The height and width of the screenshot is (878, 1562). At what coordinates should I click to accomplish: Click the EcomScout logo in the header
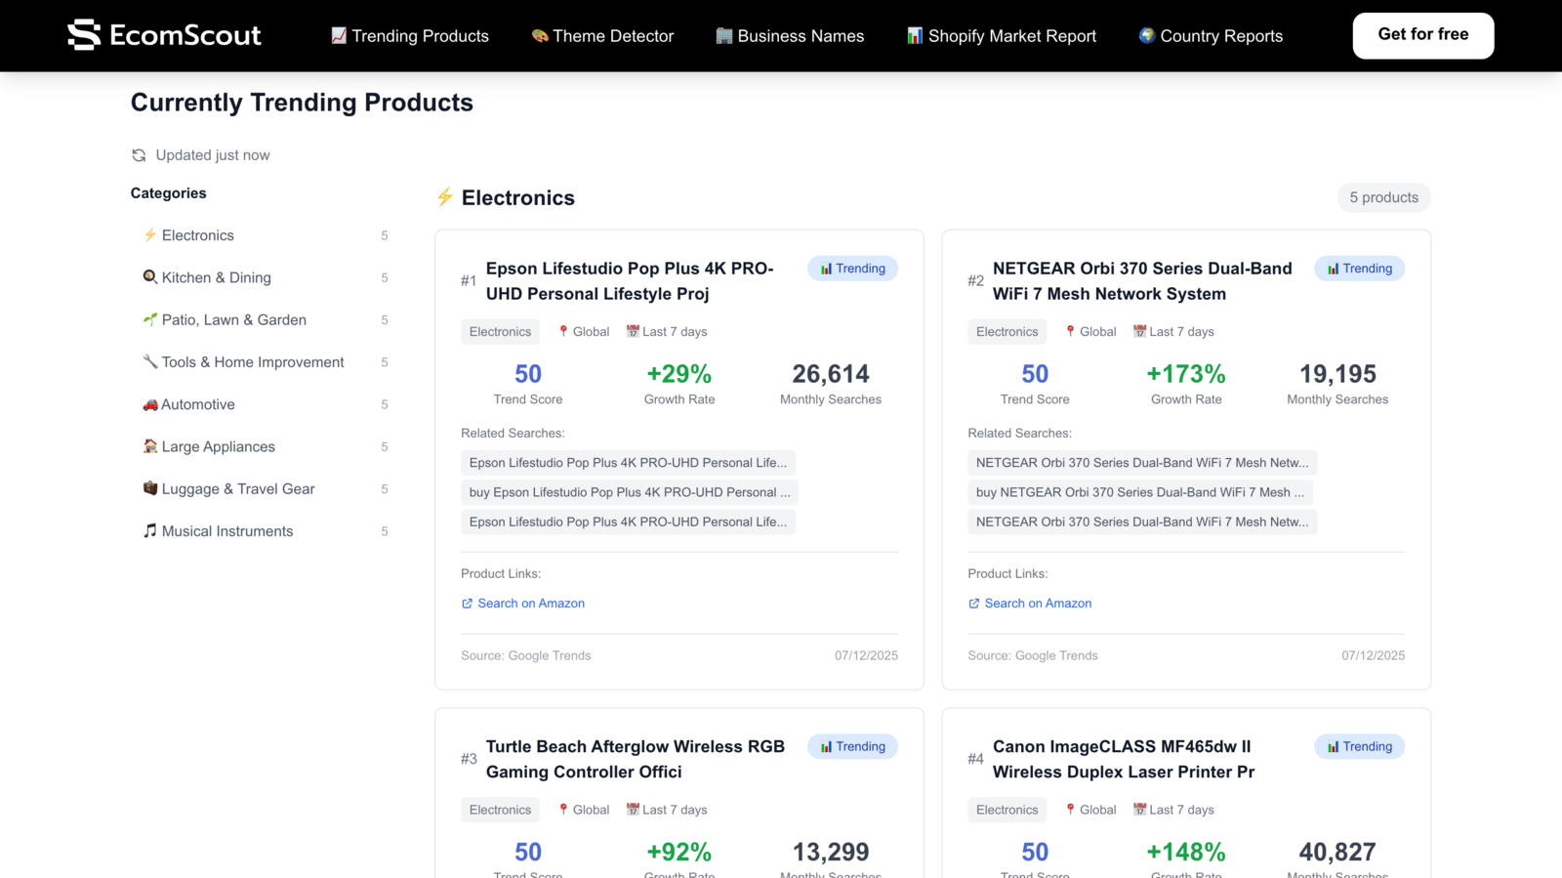164,35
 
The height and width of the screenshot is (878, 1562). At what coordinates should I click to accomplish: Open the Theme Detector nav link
602,36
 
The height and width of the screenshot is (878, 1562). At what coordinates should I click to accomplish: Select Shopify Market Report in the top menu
1002,36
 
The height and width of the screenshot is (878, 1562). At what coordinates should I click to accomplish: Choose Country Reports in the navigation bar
1211,36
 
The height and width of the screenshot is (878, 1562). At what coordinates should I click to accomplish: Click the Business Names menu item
790,36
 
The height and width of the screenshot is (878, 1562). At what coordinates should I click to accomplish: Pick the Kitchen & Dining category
216,277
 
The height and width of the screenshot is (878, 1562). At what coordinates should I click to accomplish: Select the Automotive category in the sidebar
197,404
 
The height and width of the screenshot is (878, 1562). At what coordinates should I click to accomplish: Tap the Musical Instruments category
226,531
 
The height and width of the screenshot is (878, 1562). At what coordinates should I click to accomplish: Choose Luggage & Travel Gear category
237,489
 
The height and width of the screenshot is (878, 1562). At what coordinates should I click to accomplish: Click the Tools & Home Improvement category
252,362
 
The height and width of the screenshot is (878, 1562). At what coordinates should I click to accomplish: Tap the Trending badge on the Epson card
852,269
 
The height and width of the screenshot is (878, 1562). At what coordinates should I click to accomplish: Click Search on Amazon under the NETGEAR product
1037,604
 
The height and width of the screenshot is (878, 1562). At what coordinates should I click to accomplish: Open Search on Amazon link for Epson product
530,604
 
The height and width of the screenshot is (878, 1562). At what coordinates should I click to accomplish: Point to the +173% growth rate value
1185,374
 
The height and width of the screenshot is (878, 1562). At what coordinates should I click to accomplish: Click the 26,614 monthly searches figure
830,374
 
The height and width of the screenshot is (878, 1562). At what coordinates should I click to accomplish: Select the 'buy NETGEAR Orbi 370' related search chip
1139,492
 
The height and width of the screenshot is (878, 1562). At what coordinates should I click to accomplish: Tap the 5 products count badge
1383,197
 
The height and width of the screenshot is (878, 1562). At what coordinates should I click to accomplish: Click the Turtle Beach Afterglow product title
635,759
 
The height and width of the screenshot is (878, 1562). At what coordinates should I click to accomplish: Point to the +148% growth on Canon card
1185,852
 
